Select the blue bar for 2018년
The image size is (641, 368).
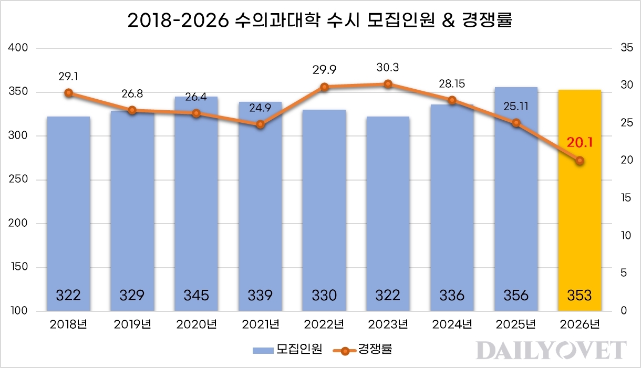click(68, 210)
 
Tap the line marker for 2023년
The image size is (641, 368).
click(388, 84)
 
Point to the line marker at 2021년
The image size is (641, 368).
click(260, 124)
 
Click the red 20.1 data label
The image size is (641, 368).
click(580, 142)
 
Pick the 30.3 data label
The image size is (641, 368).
click(388, 68)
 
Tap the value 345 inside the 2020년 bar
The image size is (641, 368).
click(196, 295)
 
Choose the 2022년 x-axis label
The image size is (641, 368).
click(324, 324)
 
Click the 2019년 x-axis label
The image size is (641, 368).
click(132, 324)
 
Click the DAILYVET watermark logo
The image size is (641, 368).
click(551, 351)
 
